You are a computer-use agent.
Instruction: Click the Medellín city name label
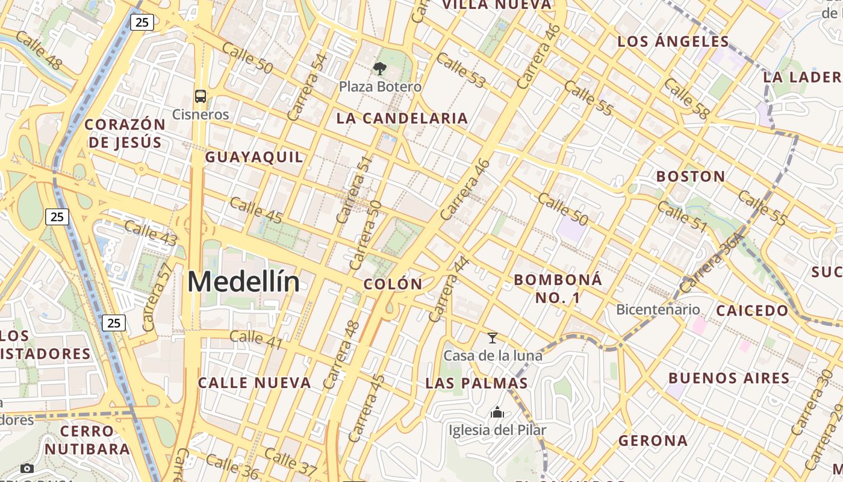(243, 282)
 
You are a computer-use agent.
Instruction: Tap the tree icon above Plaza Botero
(380, 68)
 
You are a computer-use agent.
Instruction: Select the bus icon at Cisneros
(201, 96)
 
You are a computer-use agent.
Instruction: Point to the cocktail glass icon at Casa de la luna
(493, 338)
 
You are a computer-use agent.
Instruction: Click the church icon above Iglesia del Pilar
(497, 413)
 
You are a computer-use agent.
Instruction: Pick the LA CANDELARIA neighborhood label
(402, 118)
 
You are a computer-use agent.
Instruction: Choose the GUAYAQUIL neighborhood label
(254, 157)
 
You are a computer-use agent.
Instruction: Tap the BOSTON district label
(691, 177)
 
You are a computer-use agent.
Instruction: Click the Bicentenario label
(658, 310)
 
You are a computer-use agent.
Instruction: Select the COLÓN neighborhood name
(393, 284)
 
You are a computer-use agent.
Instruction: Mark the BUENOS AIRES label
(729, 378)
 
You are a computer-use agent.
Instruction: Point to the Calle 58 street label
(686, 98)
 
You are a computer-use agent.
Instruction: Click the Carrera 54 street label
(307, 87)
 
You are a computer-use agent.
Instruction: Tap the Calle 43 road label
(151, 233)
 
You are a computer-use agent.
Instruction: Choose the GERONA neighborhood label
(653, 440)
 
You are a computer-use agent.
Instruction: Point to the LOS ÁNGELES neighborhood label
(673, 42)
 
